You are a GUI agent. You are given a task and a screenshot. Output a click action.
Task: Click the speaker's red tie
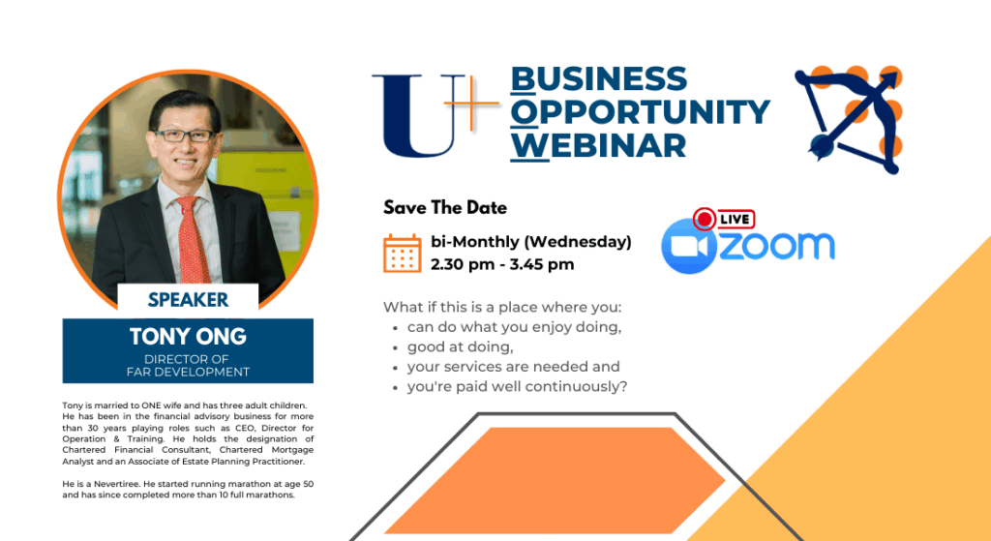pyautogui.click(x=194, y=240)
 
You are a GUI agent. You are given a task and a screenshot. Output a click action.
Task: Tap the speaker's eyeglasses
pyautogui.click(x=184, y=135)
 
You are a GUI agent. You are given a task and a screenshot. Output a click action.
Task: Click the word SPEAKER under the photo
pyautogui.click(x=188, y=300)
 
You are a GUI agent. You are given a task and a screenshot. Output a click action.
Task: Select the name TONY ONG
pyautogui.click(x=188, y=336)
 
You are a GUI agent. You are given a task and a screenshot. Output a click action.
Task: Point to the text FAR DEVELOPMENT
pyautogui.click(x=188, y=373)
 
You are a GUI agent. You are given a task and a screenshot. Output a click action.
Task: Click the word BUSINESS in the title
pyautogui.click(x=598, y=79)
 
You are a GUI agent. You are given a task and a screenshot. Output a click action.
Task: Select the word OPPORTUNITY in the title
pyautogui.click(x=641, y=112)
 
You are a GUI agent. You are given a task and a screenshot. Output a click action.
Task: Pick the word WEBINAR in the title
pyautogui.click(x=598, y=145)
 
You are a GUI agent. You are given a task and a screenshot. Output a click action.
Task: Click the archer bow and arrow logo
pyautogui.click(x=849, y=119)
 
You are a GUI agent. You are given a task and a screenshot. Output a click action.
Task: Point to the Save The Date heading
pyautogui.click(x=445, y=207)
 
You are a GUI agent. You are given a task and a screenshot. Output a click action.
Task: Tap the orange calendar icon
pyautogui.click(x=402, y=254)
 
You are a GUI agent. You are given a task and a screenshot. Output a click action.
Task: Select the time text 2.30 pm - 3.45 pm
pyautogui.click(x=502, y=264)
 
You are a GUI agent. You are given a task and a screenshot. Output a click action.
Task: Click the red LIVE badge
pyautogui.click(x=724, y=220)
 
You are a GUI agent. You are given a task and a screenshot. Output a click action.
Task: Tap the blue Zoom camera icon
pyautogui.click(x=689, y=246)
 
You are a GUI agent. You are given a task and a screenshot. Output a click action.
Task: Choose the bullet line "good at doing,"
pyautogui.click(x=460, y=347)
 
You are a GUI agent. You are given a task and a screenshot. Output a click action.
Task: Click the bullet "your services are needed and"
pyautogui.click(x=513, y=367)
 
